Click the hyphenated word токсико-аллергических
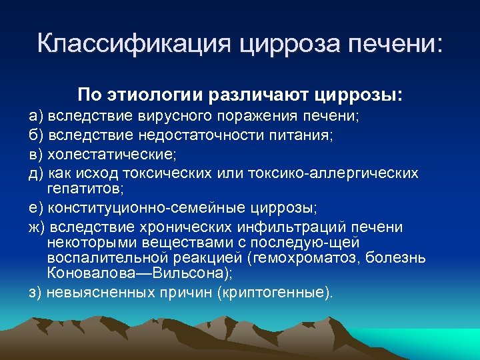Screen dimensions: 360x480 [x=333, y=173]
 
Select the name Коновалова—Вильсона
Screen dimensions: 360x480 [x=147, y=273]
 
